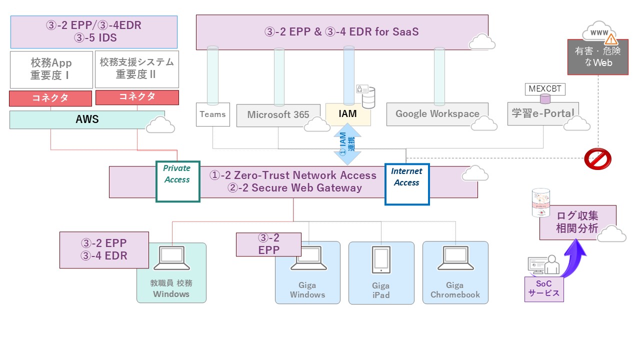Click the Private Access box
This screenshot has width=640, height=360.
178,181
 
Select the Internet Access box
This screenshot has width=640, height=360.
406,184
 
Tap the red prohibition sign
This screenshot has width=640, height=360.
597,159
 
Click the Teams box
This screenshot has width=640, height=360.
212,114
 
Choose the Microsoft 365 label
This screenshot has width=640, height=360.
278,115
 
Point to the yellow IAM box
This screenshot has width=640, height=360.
348,114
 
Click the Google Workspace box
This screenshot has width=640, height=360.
437,114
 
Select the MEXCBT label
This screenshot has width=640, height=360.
545,89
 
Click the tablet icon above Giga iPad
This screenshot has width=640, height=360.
381,260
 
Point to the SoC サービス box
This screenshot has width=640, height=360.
544,288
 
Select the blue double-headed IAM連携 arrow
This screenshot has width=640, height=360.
347,144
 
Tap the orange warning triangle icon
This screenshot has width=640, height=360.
611,39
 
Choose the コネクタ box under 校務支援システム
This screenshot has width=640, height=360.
137,97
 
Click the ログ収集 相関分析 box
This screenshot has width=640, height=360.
577,222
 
